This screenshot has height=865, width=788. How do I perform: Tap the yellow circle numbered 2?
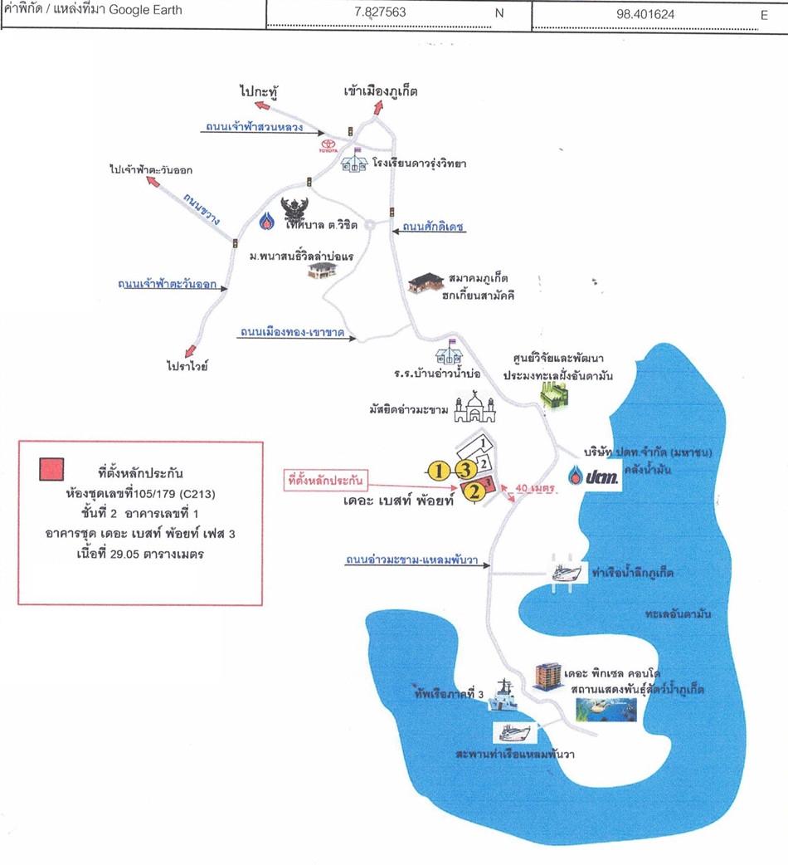(474, 492)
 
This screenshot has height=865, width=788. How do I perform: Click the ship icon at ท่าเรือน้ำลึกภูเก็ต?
(571, 574)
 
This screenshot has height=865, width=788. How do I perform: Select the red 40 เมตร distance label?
(534, 489)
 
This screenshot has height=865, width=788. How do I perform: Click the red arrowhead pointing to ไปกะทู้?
(261, 105)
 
